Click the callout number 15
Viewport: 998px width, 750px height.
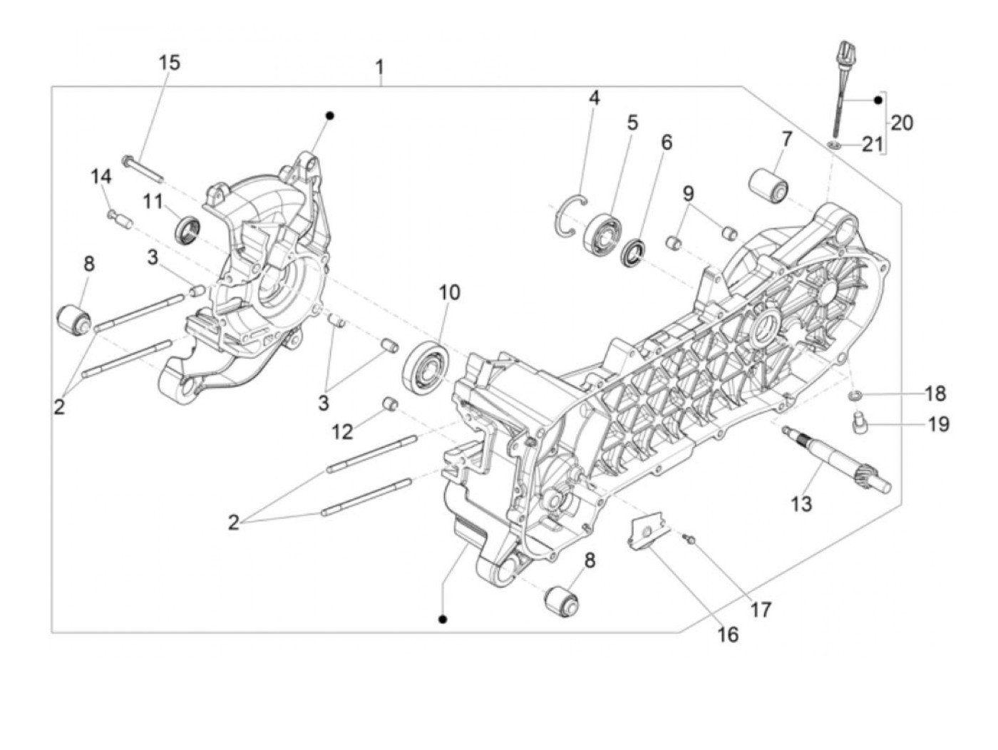(169, 63)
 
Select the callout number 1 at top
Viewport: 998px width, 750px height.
(380, 68)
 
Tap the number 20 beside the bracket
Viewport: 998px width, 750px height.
(901, 123)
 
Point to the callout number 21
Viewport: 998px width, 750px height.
(872, 145)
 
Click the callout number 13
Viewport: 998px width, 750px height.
(801, 504)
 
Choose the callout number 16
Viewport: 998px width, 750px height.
(728, 634)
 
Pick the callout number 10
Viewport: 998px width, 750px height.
(449, 292)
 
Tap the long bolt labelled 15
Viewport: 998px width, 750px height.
(143, 168)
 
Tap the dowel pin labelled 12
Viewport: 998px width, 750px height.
(391, 404)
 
